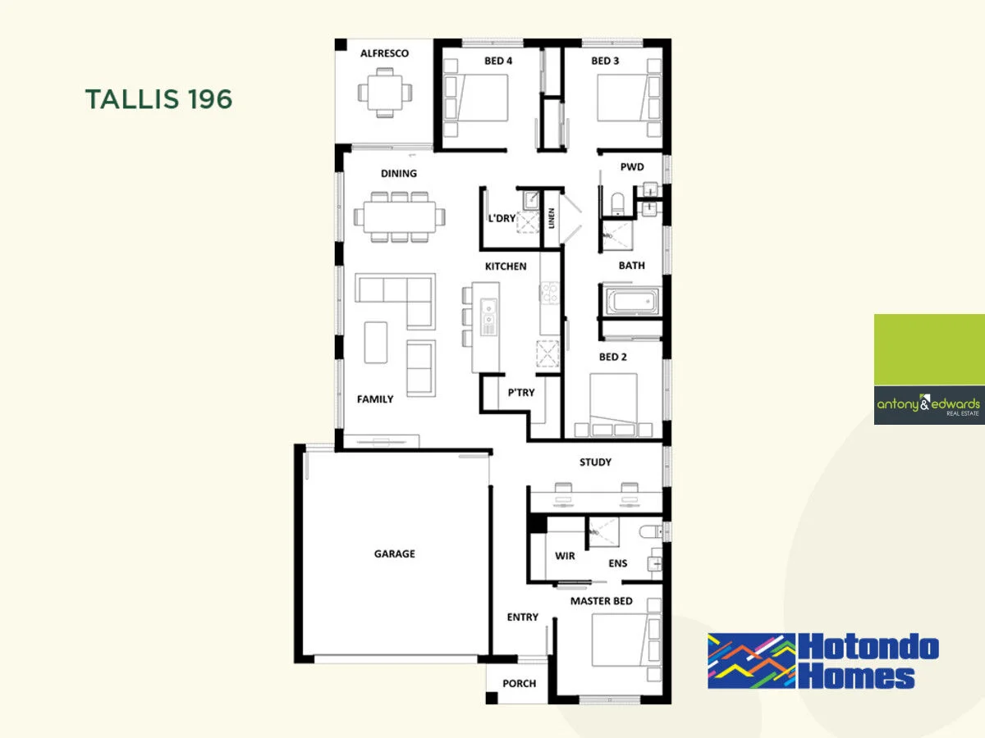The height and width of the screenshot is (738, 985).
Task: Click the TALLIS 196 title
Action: pyautogui.click(x=158, y=99)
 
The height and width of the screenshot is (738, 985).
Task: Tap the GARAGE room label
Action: pyautogui.click(x=394, y=554)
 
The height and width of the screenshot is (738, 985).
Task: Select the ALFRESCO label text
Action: pyautogui.click(x=384, y=53)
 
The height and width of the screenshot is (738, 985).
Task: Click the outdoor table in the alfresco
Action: pyautogui.click(x=384, y=90)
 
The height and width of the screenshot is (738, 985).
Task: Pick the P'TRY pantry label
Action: pyautogui.click(x=520, y=393)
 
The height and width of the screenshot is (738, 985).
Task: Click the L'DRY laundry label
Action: pyautogui.click(x=502, y=218)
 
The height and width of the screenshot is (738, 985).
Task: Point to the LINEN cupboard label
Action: pyautogui.click(x=552, y=218)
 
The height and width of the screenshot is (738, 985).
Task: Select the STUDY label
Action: pyautogui.click(x=595, y=462)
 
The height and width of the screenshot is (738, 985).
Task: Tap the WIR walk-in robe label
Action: pyautogui.click(x=565, y=556)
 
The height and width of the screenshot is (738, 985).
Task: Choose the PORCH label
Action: pyautogui.click(x=519, y=684)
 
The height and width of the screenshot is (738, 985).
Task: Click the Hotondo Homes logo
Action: pyautogui.click(x=822, y=661)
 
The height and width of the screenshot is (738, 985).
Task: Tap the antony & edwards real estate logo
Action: pyautogui.click(x=928, y=404)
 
